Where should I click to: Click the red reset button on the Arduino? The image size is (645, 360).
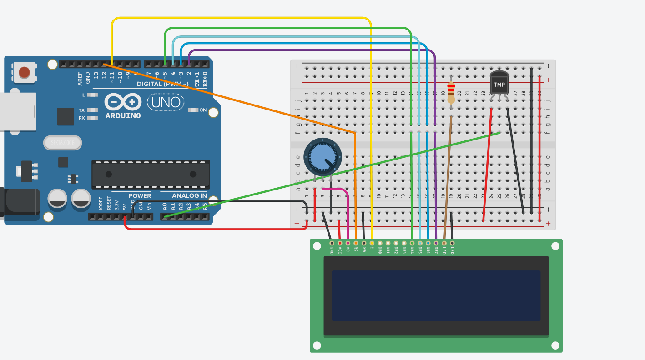(24, 72)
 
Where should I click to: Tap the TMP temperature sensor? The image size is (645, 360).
(499, 84)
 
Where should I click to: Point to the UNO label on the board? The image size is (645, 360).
(166, 102)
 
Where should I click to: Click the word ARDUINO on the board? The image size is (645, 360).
(123, 116)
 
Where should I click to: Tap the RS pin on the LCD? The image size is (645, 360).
(356, 243)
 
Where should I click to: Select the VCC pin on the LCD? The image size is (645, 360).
(340, 243)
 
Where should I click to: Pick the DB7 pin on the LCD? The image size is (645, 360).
(436, 243)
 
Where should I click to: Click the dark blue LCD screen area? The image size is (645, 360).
(436, 295)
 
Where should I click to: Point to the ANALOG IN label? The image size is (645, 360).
(189, 196)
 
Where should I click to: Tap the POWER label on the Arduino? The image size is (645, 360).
(140, 196)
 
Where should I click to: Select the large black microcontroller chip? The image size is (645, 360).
(151, 174)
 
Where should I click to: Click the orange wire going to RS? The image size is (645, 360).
(355, 182)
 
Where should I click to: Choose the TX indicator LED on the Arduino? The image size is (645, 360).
(92, 110)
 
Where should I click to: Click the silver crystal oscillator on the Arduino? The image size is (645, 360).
(62, 143)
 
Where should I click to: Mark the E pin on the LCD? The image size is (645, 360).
(372, 243)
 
